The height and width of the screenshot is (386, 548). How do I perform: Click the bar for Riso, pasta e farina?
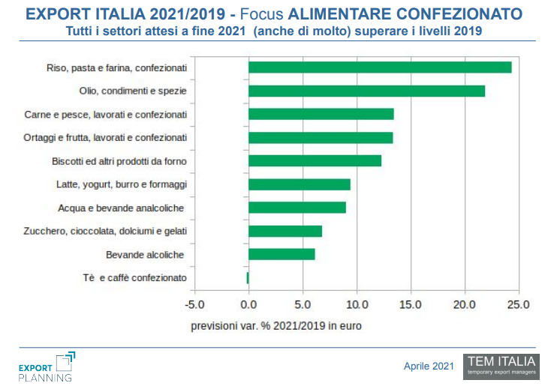click(379, 67)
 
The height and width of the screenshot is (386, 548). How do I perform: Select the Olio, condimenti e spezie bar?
click(366, 91)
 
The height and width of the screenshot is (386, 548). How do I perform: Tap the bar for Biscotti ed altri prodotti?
click(315, 160)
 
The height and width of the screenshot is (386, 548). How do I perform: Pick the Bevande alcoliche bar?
click(282, 254)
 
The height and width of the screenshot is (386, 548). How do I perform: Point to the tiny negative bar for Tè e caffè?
click(247, 278)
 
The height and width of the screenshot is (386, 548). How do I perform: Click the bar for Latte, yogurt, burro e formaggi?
click(299, 184)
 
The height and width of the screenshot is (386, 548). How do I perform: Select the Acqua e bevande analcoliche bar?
click(297, 208)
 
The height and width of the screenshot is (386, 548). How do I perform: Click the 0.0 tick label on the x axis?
click(248, 305)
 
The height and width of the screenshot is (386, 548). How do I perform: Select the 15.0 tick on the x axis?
click(411, 305)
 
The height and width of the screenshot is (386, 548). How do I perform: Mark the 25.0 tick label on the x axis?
click(519, 305)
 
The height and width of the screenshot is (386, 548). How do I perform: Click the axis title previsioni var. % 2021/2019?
click(276, 325)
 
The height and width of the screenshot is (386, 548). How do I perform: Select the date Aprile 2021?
click(429, 366)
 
